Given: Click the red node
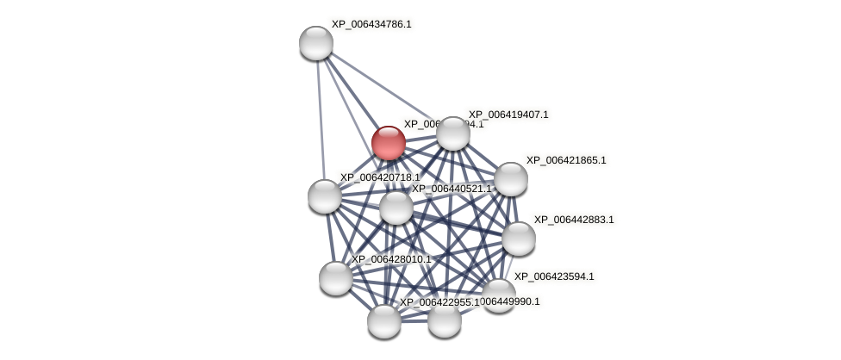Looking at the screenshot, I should coord(389,143).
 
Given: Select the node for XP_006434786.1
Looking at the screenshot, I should coord(316,43).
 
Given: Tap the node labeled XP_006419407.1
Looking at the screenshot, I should coord(453,133).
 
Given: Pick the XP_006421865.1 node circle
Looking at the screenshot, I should coord(511,179).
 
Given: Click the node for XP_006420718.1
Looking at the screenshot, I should coord(325,196).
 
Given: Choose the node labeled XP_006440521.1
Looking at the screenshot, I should coord(396,208).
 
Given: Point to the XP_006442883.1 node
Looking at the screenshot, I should coord(519,239).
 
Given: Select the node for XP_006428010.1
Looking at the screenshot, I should coord(336,278).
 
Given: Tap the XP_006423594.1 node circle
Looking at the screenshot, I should coord(498,295).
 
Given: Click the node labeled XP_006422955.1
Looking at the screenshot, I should coord(384,321).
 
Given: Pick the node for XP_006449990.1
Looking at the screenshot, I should coord(445,320).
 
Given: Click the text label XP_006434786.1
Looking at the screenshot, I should coord(371,24).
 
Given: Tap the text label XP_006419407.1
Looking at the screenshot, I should coord(508,115).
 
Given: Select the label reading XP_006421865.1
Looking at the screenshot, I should coord(566,160).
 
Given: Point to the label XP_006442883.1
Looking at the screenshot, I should coord(574,220).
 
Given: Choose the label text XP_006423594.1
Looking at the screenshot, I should coord(554,276).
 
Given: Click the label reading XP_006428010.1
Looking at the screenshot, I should coord(391,259).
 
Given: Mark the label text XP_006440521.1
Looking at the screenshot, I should coord(452,189).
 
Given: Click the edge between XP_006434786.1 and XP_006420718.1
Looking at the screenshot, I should coord(321,120).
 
